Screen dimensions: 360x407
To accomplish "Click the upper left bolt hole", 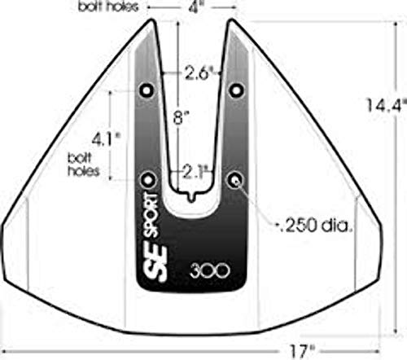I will [x=147, y=89].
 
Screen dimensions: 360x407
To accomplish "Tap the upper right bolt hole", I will [x=236, y=89].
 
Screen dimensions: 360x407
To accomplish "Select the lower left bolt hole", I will [x=147, y=178].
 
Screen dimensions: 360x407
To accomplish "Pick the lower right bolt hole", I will [x=236, y=178].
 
